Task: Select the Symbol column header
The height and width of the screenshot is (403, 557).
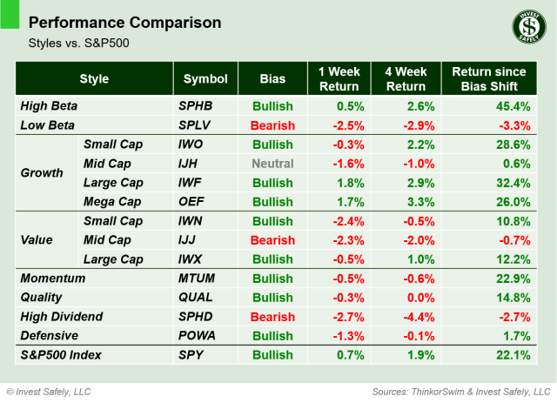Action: (x=205, y=79)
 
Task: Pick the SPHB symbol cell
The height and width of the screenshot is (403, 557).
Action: (x=196, y=106)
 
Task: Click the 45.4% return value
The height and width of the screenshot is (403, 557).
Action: (x=509, y=106)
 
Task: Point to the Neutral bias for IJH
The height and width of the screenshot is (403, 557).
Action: (x=272, y=164)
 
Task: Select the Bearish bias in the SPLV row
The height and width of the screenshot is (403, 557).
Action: (x=272, y=125)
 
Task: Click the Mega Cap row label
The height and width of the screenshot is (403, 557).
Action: (x=112, y=202)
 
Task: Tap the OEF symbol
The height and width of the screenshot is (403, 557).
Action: (x=191, y=202)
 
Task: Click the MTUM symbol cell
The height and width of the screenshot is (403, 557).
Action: (x=197, y=279)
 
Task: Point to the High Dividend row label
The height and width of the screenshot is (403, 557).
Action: (x=61, y=317)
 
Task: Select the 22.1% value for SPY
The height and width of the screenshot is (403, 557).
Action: (x=509, y=355)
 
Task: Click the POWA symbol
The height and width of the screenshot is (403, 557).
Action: (x=197, y=336)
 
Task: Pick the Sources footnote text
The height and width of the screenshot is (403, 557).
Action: (x=462, y=391)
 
